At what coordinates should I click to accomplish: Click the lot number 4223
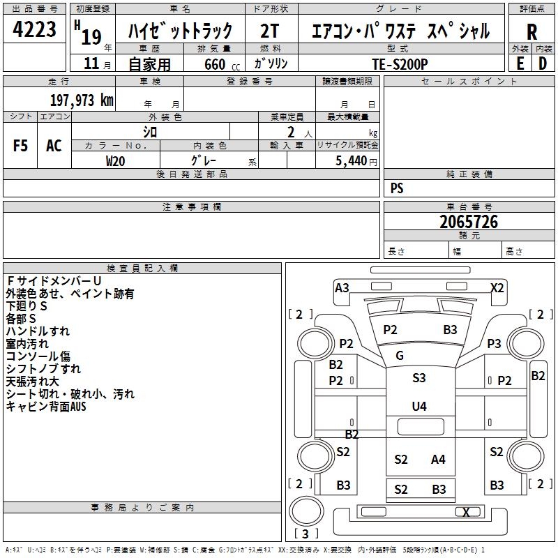point(35,30)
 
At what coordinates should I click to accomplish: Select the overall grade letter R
point(531,32)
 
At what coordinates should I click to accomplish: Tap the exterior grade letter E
point(520,63)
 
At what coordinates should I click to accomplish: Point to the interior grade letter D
point(543,63)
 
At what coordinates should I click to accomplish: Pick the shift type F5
point(21,146)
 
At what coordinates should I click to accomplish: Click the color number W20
point(115,160)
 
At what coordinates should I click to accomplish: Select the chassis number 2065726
point(469,222)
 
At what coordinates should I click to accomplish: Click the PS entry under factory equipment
point(397,188)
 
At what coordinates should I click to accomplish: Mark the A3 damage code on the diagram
point(342,288)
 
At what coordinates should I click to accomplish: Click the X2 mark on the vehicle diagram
point(497,288)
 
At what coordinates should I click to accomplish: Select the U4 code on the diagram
point(418,406)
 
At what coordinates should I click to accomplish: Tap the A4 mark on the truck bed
point(438,459)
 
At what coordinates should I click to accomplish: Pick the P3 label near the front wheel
point(494,343)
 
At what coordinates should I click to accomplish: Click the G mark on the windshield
point(400,356)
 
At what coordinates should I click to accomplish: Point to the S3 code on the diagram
point(418,378)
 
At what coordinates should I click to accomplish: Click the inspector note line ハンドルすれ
point(38,331)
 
